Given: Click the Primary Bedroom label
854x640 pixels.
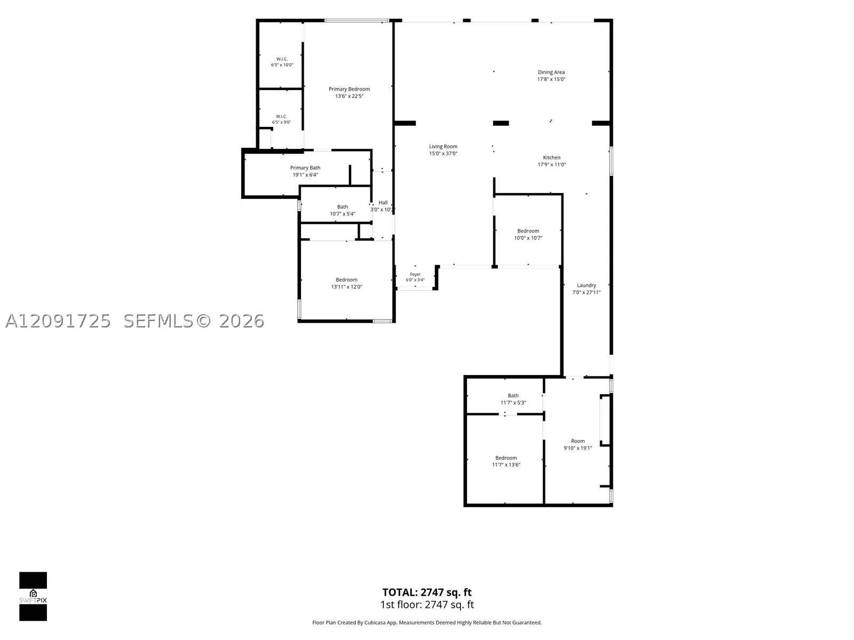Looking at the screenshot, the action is coord(349,89).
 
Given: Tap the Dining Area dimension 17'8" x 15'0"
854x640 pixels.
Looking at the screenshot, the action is coord(551,79).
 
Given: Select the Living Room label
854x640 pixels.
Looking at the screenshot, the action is coord(443,147).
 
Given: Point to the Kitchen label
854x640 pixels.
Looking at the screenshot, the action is coord(551,157).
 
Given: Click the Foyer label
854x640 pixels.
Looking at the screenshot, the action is coord(415,274).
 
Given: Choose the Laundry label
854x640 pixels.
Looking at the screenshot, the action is coord(586,285).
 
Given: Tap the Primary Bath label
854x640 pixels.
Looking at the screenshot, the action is coord(305,168).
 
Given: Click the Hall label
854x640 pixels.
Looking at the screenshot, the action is coord(383,203).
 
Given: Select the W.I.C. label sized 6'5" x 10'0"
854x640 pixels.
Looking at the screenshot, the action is coord(282,59).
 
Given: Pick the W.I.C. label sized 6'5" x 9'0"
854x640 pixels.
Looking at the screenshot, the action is coord(281,116).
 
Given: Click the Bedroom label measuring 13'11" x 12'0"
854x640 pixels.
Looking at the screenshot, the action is coord(346,280).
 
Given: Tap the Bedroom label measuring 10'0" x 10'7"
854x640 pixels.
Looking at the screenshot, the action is coord(528,231).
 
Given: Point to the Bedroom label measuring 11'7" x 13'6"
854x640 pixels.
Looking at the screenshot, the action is coord(506,458).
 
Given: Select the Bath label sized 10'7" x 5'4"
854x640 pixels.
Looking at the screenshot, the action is coord(342,207).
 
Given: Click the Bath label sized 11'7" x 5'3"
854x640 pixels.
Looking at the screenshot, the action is coord(513,396).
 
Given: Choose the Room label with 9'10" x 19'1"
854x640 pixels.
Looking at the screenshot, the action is coord(578,441).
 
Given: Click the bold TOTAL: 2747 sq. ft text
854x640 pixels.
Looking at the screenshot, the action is coord(427,592).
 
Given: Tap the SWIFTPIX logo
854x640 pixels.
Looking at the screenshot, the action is coord(33,596).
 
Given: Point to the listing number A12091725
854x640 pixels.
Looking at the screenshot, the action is coord(58,321).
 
